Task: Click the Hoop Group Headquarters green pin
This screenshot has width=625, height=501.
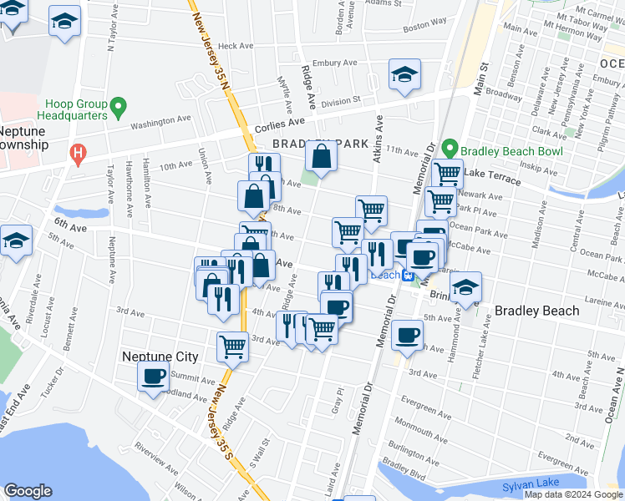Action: tap(118, 107)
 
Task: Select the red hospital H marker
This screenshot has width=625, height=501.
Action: tap(78, 153)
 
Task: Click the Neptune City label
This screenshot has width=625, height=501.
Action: tap(160, 357)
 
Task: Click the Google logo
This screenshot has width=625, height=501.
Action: tap(28, 491)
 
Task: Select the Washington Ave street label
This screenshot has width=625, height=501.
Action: tap(163, 122)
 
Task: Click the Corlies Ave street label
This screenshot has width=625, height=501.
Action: tap(276, 125)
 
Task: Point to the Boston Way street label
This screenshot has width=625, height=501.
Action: tap(424, 27)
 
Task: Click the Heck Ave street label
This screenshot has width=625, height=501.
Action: tap(235, 47)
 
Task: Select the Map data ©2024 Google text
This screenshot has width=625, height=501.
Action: tap(573, 494)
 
